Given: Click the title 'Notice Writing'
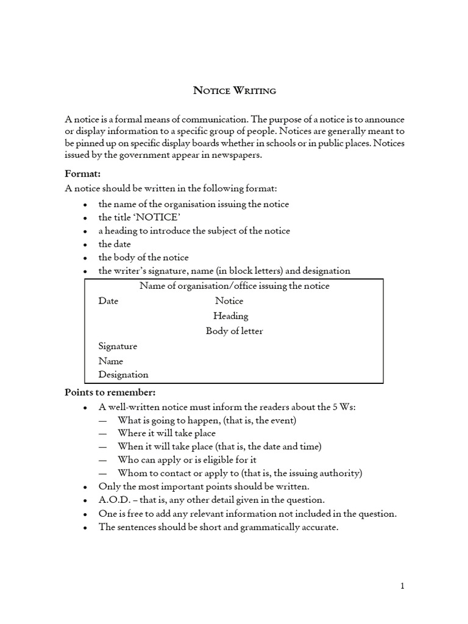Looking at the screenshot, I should tap(235, 91).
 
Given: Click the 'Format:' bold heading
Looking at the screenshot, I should tap(82, 174).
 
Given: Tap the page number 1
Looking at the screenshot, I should tap(402, 586).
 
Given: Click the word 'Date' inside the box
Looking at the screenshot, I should tap(108, 301).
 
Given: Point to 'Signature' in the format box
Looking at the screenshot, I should tap(118, 346).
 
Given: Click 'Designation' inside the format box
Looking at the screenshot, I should tap(123, 375).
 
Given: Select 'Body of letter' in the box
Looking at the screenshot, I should tap(235, 331).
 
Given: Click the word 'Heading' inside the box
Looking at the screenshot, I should tap(231, 316).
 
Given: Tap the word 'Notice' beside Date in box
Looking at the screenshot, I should tap(229, 301).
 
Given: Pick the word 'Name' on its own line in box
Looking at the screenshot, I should tap(110, 361).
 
